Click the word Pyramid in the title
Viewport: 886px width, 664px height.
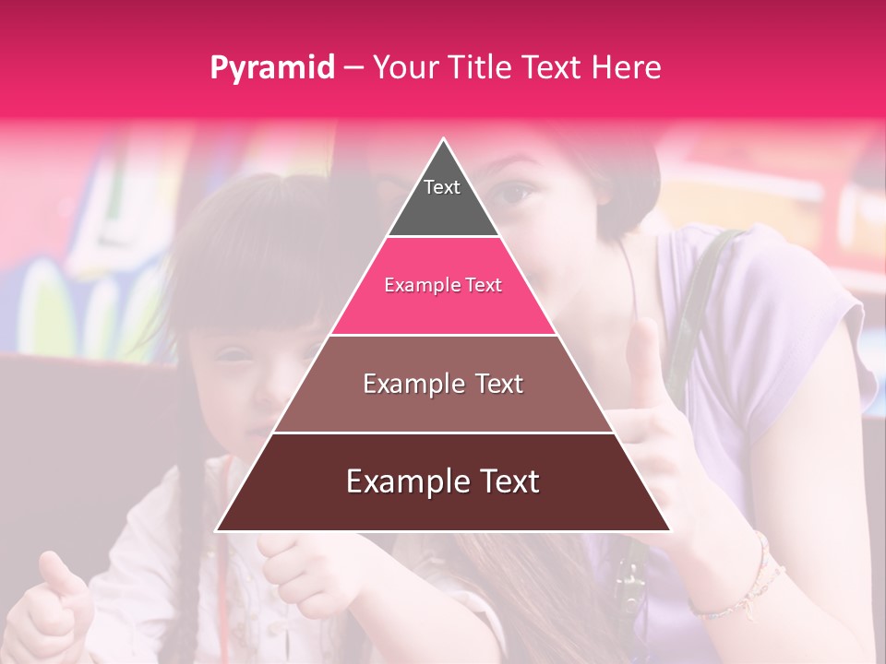click(272, 68)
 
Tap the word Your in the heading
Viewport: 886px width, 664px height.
click(406, 68)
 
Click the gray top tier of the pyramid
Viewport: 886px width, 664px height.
click(443, 207)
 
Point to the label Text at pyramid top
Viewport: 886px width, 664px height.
click(442, 187)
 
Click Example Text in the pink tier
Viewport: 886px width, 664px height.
click(443, 286)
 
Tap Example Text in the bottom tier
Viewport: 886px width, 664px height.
click(443, 481)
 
